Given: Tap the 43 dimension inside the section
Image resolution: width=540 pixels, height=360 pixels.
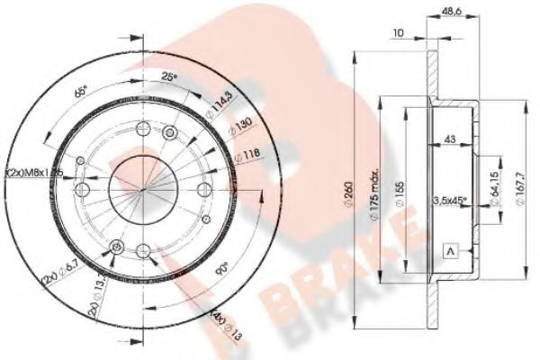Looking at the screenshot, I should click(x=449, y=139).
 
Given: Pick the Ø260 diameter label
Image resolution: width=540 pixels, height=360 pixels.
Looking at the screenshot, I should click(x=347, y=189).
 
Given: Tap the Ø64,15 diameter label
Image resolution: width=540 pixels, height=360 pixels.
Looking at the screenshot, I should click(x=494, y=192).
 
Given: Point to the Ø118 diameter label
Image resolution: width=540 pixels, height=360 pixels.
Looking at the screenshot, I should click(x=246, y=156).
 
